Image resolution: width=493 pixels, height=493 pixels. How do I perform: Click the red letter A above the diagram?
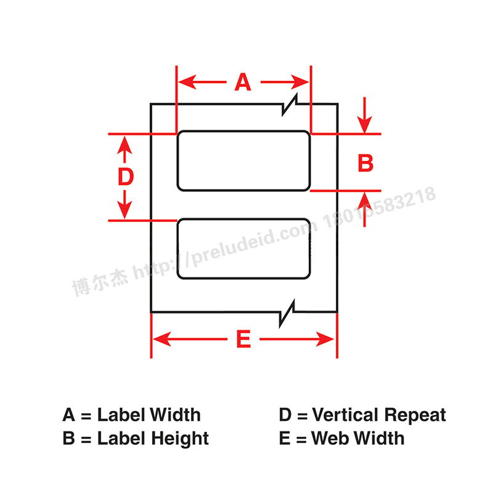243,82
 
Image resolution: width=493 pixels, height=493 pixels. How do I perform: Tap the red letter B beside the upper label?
365,163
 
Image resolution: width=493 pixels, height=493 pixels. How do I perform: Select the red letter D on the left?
126,176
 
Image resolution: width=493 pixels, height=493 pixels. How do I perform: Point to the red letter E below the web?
243,339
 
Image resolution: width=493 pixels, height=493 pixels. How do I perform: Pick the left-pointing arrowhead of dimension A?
187,82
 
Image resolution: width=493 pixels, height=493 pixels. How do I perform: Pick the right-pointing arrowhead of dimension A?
299,82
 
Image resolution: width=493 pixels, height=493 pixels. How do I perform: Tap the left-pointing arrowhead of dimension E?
162,339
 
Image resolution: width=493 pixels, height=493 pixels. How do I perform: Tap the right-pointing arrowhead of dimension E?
325,339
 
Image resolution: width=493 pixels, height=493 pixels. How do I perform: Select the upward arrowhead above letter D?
125,145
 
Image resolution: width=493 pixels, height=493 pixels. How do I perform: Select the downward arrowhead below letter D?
125,210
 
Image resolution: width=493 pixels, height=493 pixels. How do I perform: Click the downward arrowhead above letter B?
365,124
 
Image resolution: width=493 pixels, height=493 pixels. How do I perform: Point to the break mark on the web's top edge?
290,105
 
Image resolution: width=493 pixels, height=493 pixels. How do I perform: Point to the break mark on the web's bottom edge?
287,313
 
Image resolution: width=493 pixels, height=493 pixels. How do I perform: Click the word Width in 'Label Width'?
175,415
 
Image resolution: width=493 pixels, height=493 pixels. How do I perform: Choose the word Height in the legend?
180,439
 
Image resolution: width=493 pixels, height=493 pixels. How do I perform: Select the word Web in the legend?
332,438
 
